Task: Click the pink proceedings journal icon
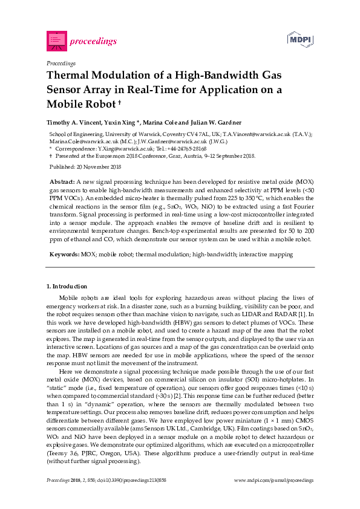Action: [56, 41]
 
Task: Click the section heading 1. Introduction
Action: [67, 286]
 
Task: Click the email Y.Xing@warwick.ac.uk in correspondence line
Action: [116, 148]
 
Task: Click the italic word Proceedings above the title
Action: [61, 63]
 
